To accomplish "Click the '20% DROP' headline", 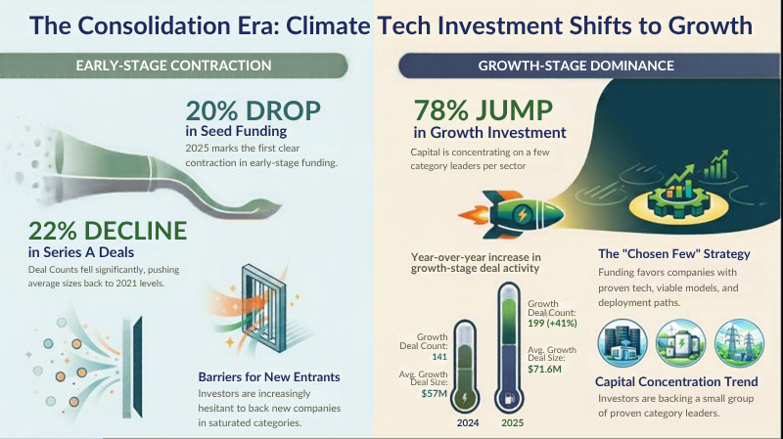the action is click(x=253, y=110).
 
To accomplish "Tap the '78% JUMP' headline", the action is click(x=483, y=110).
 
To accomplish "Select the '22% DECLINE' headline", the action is click(x=108, y=231).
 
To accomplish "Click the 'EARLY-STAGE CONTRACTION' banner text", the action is click(x=173, y=66).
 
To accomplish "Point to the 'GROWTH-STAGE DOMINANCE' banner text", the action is click(x=576, y=66).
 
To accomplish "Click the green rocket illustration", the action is click(x=511, y=214).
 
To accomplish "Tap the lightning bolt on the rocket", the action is click(x=522, y=214).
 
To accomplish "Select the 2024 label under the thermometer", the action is click(x=468, y=423).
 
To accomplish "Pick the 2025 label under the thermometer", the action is click(x=512, y=423).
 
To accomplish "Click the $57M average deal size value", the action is click(x=434, y=394).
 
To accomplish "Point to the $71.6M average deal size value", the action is click(x=544, y=370).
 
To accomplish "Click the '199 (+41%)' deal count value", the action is click(x=552, y=324).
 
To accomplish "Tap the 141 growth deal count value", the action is click(x=439, y=357).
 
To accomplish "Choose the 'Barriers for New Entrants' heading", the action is click(x=268, y=377).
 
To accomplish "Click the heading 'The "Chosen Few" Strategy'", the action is click(x=674, y=254).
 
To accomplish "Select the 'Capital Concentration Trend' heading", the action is click(x=676, y=381).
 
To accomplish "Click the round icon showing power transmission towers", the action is click(x=739, y=343).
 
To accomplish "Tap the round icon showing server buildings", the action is click(x=622, y=343).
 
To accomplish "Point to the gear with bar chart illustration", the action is click(x=677, y=195).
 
